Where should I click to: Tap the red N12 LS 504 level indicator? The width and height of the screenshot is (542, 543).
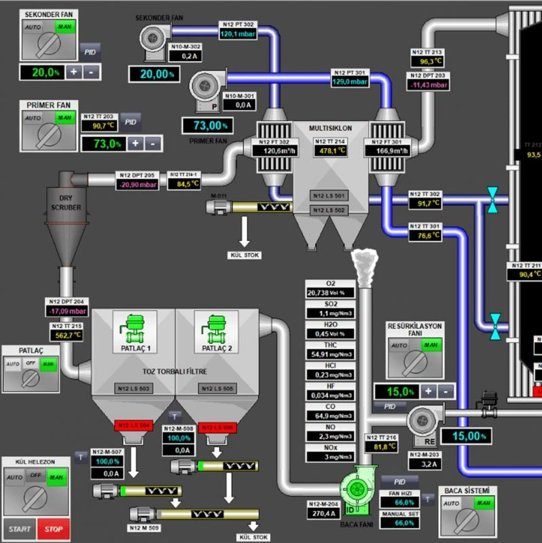coord(134,426)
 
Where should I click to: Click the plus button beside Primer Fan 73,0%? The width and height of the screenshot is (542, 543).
coord(135,143)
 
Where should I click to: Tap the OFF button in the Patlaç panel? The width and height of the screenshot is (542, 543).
coord(30,364)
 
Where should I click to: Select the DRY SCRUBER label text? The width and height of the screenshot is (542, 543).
coord(66,202)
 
